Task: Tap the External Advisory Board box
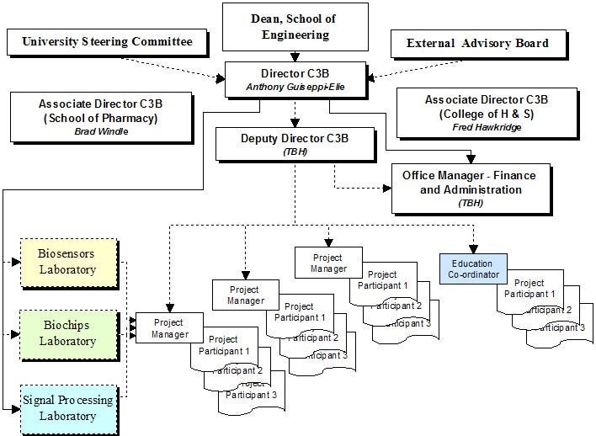click(476, 43)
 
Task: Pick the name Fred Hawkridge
click(487, 127)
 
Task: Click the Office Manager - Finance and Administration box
click(473, 189)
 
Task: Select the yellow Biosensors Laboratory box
click(68, 262)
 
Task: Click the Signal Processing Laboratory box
click(68, 408)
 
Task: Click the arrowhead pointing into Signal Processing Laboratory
click(18, 408)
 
